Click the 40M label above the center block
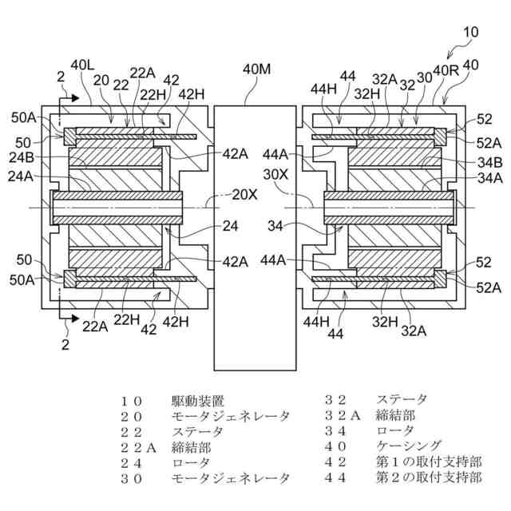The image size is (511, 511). tap(256, 69)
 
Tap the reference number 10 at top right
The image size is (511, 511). tap(470, 32)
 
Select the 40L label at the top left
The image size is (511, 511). tap(82, 65)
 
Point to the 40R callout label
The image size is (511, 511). tap(446, 70)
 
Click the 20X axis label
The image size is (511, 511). tap(244, 195)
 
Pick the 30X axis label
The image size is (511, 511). tap(275, 175)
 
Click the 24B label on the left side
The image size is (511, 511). tap(22, 158)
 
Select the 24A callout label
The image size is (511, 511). tap(21, 176)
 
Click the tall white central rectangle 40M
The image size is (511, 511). tap(255, 238)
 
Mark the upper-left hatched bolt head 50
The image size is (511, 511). tap(69, 137)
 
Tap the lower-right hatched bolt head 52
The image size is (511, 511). tap(440, 279)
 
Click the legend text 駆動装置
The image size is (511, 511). tap(197, 401)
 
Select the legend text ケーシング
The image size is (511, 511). tap(409, 446)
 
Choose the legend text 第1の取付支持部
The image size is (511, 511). tap(429, 461)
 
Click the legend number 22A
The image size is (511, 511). tap(138, 448)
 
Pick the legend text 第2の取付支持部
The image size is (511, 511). tap(429, 477)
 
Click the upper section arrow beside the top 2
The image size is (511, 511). tap(69, 97)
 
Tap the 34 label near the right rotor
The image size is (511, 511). tap(275, 226)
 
